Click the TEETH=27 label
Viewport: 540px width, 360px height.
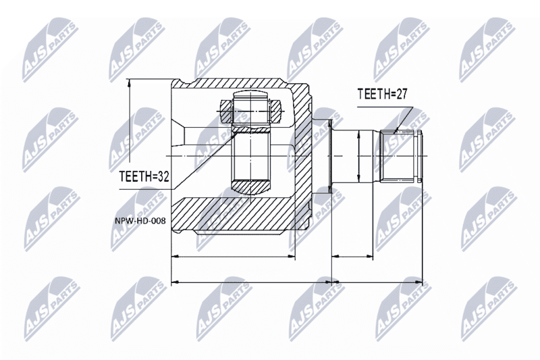(x=382, y=94)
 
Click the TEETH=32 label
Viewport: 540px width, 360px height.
(x=144, y=177)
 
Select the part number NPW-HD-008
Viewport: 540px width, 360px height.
(x=140, y=221)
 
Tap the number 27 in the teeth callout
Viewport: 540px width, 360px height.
(x=400, y=94)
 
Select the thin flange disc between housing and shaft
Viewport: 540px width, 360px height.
(x=330, y=156)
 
